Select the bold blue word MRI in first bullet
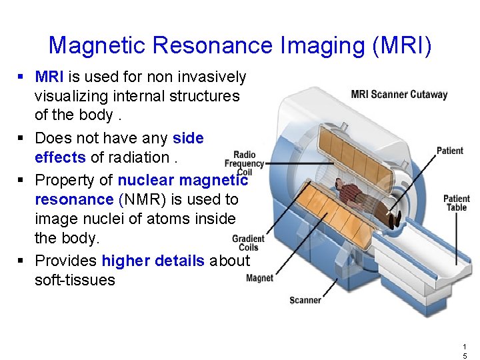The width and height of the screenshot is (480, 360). pyautogui.click(x=49, y=77)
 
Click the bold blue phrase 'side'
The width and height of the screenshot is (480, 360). pyautogui.click(x=188, y=138)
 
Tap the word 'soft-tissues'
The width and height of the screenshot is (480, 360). pyautogui.click(x=75, y=280)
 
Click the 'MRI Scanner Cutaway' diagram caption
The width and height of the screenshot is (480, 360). pyautogui.click(x=399, y=94)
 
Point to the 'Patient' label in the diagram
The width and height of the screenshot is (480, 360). pyautogui.click(x=449, y=151)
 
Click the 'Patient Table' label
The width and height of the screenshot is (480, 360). pyautogui.click(x=456, y=203)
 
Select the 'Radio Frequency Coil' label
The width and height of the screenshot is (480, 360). pyautogui.click(x=244, y=163)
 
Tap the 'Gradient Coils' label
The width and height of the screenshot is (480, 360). pyautogui.click(x=248, y=243)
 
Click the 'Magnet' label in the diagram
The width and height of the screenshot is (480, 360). pyautogui.click(x=259, y=278)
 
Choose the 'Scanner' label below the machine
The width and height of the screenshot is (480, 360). pyautogui.click(x=305, y=300)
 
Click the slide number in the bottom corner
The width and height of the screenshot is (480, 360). pyautogui.click(x=464, y=351)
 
